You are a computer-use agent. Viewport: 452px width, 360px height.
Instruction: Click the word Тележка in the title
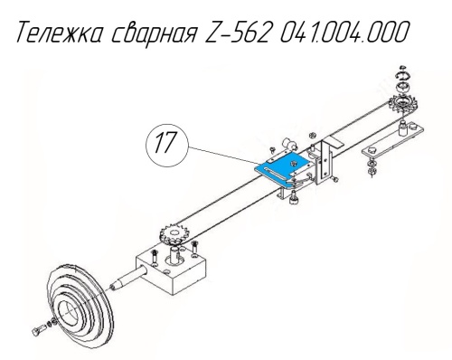click(61, 32)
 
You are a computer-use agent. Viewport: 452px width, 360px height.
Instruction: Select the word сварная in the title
click(155, 33)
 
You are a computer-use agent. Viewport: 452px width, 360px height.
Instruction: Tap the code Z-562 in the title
click(237, 32)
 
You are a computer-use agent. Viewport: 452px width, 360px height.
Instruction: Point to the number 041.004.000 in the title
click(344, 32)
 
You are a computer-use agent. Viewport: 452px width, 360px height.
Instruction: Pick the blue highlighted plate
click(283, 170)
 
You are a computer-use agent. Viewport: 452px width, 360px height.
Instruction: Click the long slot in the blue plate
click(273, 175)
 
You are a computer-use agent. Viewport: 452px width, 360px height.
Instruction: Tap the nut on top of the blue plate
click(292, 164)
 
